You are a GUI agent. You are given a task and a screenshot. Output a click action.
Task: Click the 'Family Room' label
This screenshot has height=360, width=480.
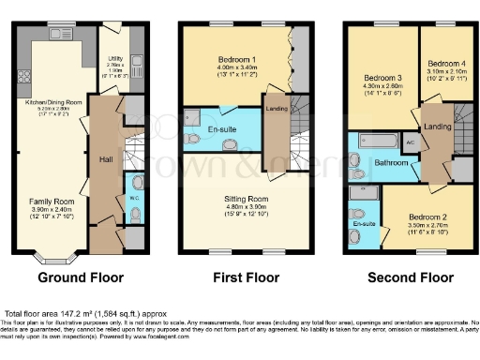[x=49, y=202]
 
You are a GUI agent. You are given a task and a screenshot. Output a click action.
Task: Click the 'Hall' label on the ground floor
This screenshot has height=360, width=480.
[x=106, y=159]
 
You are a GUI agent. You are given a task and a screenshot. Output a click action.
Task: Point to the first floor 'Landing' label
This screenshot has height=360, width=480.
[x=277, y=109]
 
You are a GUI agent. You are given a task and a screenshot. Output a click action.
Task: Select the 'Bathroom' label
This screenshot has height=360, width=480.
[x=391, y=162]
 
